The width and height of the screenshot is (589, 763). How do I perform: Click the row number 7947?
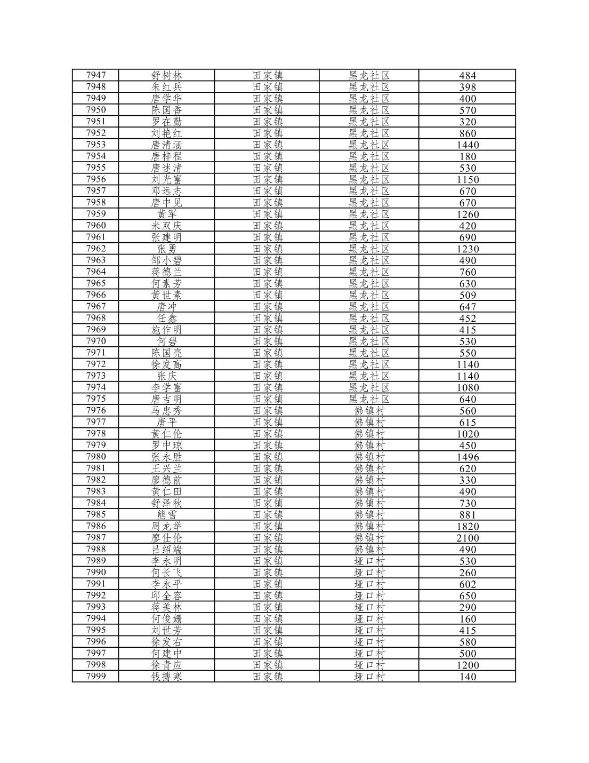[x=96, y=75]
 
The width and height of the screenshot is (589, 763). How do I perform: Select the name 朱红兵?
[x=166, y=87]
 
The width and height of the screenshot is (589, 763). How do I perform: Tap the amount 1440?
[x=467, y=145]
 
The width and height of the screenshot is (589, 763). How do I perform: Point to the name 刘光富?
[x=166, y=179]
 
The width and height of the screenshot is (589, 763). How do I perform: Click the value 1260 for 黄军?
[x=467, y=214]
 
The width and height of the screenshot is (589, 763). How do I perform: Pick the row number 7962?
[x=96, y=249]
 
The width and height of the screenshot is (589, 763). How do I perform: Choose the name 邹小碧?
[x=166, y=260]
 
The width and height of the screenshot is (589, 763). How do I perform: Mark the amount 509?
[x=467, y=295]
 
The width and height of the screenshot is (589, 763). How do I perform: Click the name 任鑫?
[x=166, y=318]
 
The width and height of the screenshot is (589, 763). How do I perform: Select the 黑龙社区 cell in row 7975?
[x=369, y=399]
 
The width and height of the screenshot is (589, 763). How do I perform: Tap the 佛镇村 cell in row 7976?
[x=369, y=411]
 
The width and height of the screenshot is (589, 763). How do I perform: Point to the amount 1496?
[x=467, y=457]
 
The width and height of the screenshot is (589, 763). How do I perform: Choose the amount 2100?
[x=467, y=538]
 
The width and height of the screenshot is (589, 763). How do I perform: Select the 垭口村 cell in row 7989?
[x=369, y=561]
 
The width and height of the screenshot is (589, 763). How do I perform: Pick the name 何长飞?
[x=166, y=573]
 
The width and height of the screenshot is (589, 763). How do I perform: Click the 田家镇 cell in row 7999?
[x=267, y=677]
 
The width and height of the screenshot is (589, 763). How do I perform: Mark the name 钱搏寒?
[x=166, y=677]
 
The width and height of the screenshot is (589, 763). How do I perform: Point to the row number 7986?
[x=96, y=526]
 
